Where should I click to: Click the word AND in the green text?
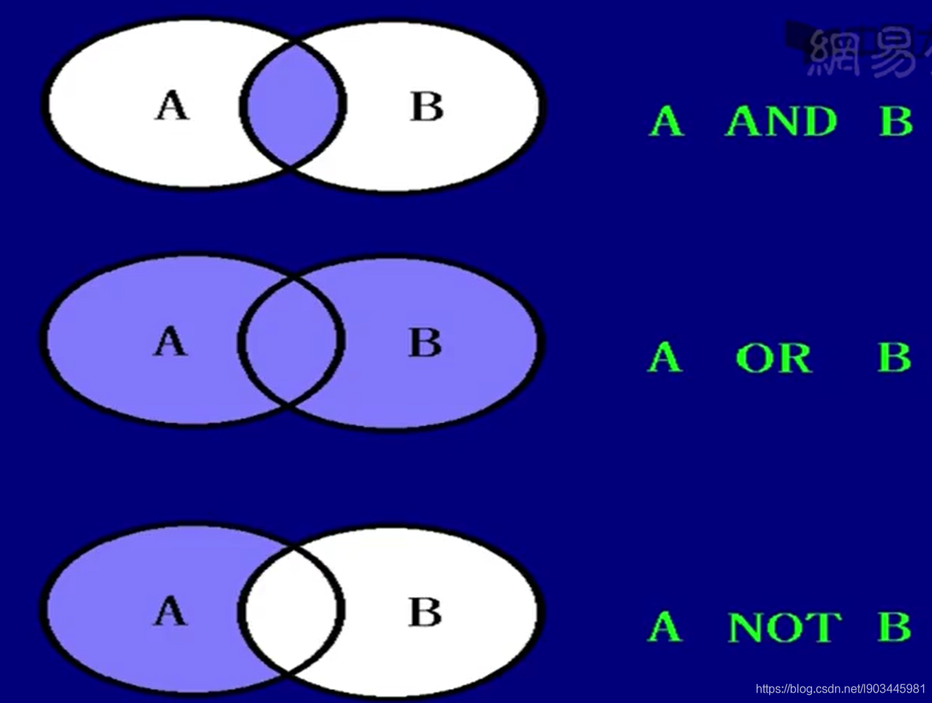(781, 121)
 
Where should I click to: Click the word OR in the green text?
(774, 358)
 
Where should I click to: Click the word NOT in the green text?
(785, 628)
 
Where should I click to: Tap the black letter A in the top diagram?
(172, 106)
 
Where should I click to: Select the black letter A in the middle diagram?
(170, 343)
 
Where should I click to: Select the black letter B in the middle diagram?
(425, 343)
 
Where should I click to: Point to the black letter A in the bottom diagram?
(170, 612)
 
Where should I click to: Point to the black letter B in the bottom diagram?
(425, 612)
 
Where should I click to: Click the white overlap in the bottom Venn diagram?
(291, 611)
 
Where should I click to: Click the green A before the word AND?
(666, 121)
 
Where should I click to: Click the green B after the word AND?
(896, 121)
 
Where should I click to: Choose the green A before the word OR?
(664, 358)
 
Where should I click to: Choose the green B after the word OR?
(894, 358)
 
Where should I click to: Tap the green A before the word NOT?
(664, 628)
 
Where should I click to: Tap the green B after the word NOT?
(894, 628)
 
